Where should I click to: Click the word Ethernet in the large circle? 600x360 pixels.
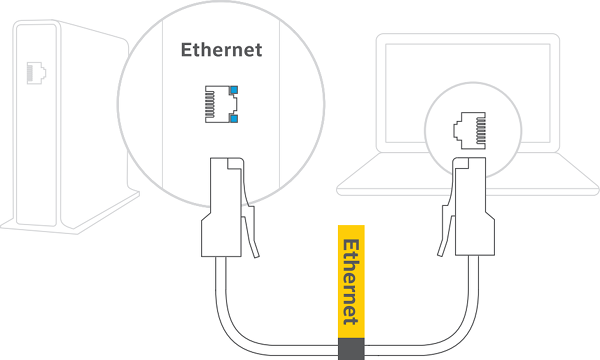tap(220, 49)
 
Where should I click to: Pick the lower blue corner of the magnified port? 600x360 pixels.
tap(233, 118)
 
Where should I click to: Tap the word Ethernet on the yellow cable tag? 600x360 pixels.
tap(350, 280)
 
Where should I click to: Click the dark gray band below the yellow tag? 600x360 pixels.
tap(350, 348)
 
